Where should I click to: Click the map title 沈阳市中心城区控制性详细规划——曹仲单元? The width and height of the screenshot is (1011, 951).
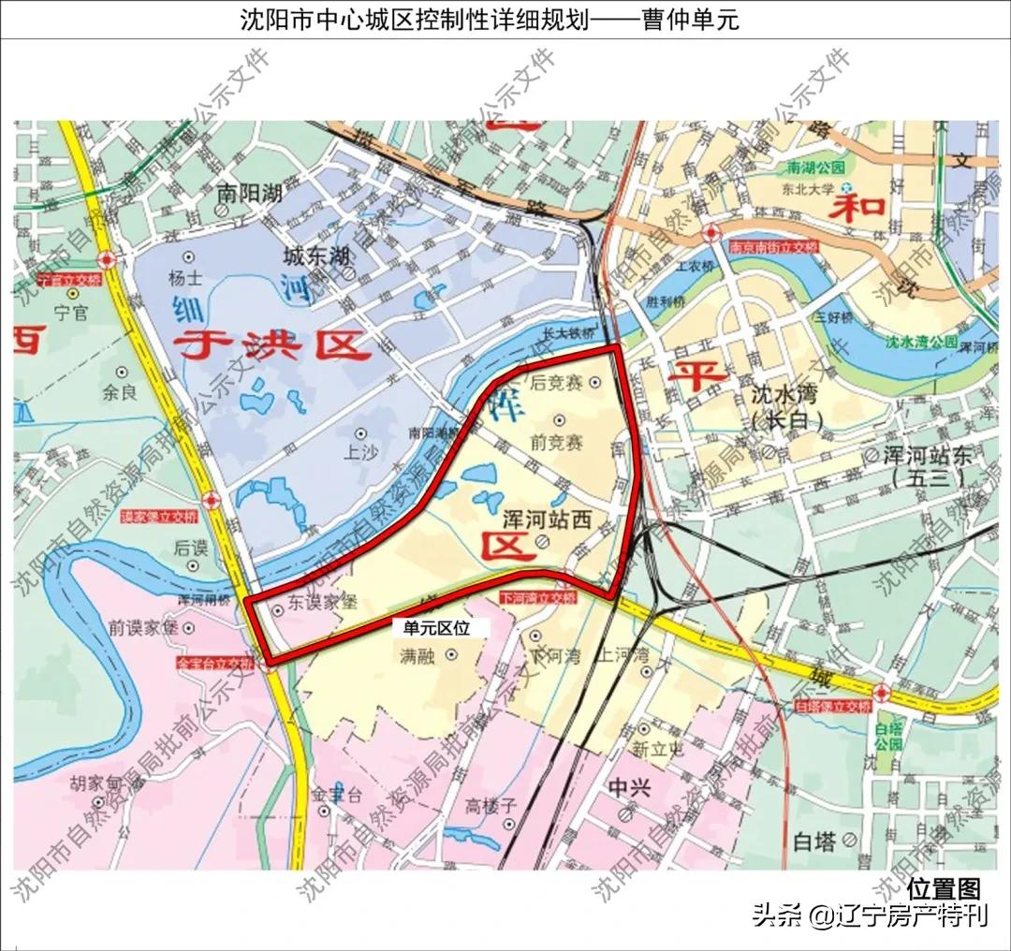490,19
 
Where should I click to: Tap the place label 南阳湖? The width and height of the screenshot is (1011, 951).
249,194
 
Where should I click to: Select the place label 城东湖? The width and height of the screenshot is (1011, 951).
316,256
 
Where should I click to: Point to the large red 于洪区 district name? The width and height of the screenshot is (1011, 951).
271,347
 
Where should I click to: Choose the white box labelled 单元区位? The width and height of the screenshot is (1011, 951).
436,628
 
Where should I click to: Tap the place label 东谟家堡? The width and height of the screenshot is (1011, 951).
322,604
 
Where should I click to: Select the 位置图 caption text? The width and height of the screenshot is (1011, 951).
943,887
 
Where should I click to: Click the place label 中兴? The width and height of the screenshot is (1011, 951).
628,788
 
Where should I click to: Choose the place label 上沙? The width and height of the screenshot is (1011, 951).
360,453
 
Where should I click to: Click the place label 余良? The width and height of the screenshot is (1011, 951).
120,393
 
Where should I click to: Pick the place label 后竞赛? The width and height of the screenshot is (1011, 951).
556,383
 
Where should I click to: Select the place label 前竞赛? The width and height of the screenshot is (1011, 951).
556,441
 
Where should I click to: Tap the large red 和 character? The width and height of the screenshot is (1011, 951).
858,204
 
